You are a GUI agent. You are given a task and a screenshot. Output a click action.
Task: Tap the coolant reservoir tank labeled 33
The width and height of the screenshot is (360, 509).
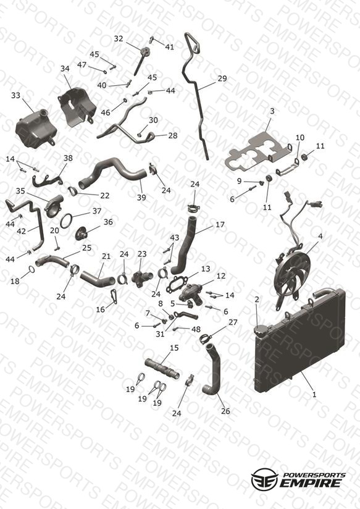click(36, 128)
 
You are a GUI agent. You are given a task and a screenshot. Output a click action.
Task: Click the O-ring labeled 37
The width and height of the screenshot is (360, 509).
click(66, 221)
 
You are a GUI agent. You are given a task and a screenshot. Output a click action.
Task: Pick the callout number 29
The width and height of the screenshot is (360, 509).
click(222, 78)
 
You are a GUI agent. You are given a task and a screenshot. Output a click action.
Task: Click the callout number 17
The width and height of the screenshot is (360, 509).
click(220, 225)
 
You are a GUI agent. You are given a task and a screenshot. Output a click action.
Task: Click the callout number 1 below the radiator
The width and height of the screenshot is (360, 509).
click(314, 395)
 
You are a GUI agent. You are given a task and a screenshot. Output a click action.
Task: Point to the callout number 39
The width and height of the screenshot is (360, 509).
click(141, 198)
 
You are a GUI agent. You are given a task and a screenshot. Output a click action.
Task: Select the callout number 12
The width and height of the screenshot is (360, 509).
click(220, 276)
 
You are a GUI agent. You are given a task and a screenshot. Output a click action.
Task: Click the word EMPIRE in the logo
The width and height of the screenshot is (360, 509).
click(311, 483)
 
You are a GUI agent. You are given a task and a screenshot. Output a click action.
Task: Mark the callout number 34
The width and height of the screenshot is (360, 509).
click(65, 69)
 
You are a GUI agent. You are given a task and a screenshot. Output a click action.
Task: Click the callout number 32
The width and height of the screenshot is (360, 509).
click(119, 39)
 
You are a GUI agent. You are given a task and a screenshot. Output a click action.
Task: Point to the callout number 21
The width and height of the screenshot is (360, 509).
click(106, 256)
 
